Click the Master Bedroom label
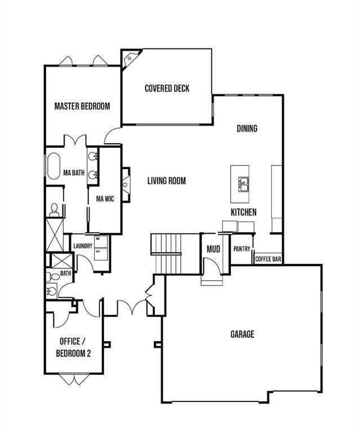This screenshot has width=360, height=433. pos(82,106)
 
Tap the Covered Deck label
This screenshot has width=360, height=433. pos(167,89)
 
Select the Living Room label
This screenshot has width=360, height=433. pos(167,181)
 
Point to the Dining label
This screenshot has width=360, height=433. pos(247,129)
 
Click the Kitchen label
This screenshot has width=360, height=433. pos(243,212)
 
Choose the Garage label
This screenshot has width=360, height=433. pos(242,334)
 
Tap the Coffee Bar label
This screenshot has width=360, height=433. pos(268,259)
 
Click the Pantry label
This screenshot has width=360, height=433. pos(242,249)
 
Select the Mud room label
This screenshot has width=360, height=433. pos(214,249)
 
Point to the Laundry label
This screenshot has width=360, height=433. pos(83,246)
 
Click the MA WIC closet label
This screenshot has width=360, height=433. pos(105,199)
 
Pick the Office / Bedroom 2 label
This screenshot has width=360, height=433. pos(73,347)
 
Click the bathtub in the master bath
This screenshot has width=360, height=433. pos(54,166)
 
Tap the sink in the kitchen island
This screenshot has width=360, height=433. pos(243,184)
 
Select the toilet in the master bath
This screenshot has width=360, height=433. pos(54,210)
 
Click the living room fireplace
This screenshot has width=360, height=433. pos(126,184)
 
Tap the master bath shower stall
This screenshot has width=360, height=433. pos(55,235)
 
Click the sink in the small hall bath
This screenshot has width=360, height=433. pos(52,291)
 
